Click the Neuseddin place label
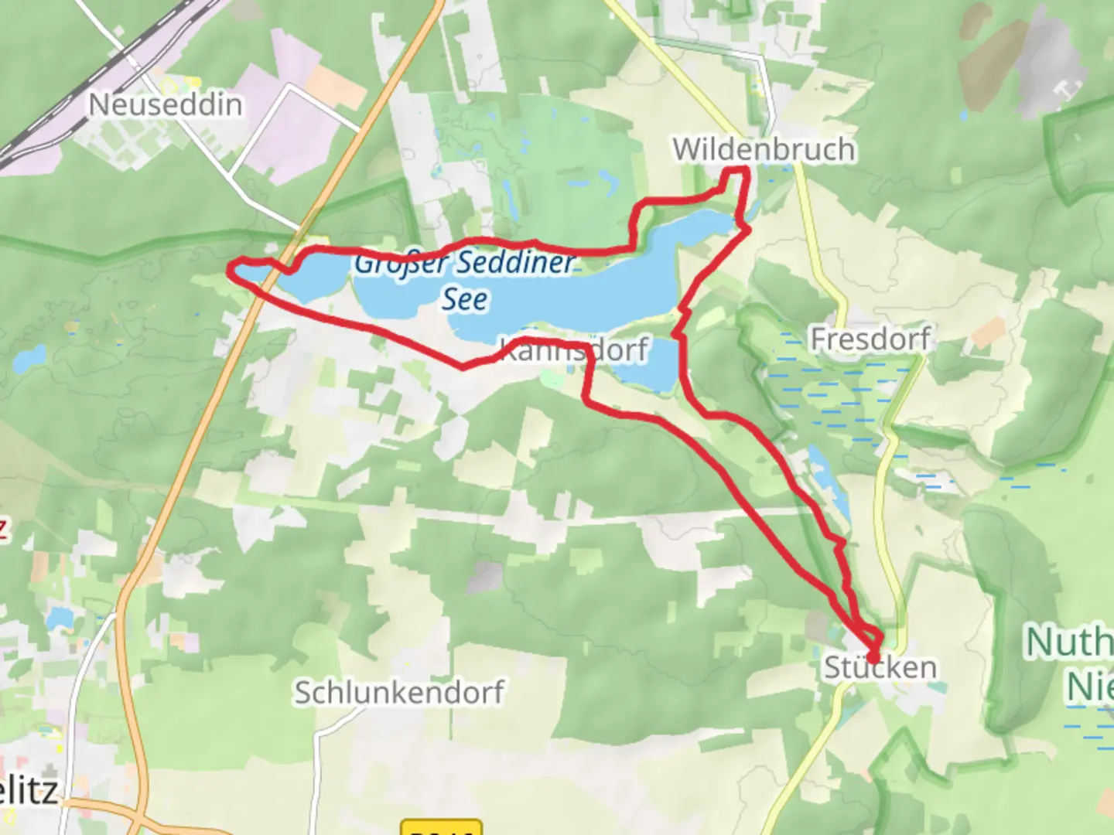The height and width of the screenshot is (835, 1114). (x=166, y=104)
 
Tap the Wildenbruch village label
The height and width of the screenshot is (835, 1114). (x=764, y=149)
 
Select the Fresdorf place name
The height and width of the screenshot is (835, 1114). (x=870, y=339)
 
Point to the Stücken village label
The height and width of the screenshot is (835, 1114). (x=880, y=668)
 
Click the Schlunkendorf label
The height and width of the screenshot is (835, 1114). (x=399, y=693)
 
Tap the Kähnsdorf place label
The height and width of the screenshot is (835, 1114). (x=574, y=350)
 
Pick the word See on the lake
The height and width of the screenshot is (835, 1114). (x=465, y=299)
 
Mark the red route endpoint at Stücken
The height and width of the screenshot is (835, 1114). (x=873, y=657)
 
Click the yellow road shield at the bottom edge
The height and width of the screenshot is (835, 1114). (x=442, y=827)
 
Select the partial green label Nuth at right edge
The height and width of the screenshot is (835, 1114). (x=1069, y=642)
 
